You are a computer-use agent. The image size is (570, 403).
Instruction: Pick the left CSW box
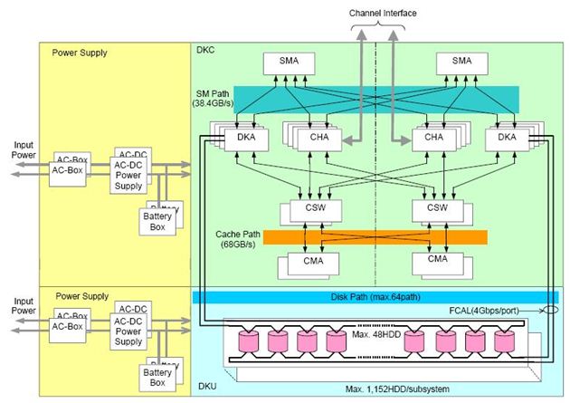click(309, 207)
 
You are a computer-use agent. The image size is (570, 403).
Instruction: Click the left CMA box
click(309, 260)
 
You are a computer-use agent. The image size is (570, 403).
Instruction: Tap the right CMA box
click(438, 260)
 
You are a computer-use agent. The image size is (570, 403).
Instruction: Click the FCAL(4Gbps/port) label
click(499, 311)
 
